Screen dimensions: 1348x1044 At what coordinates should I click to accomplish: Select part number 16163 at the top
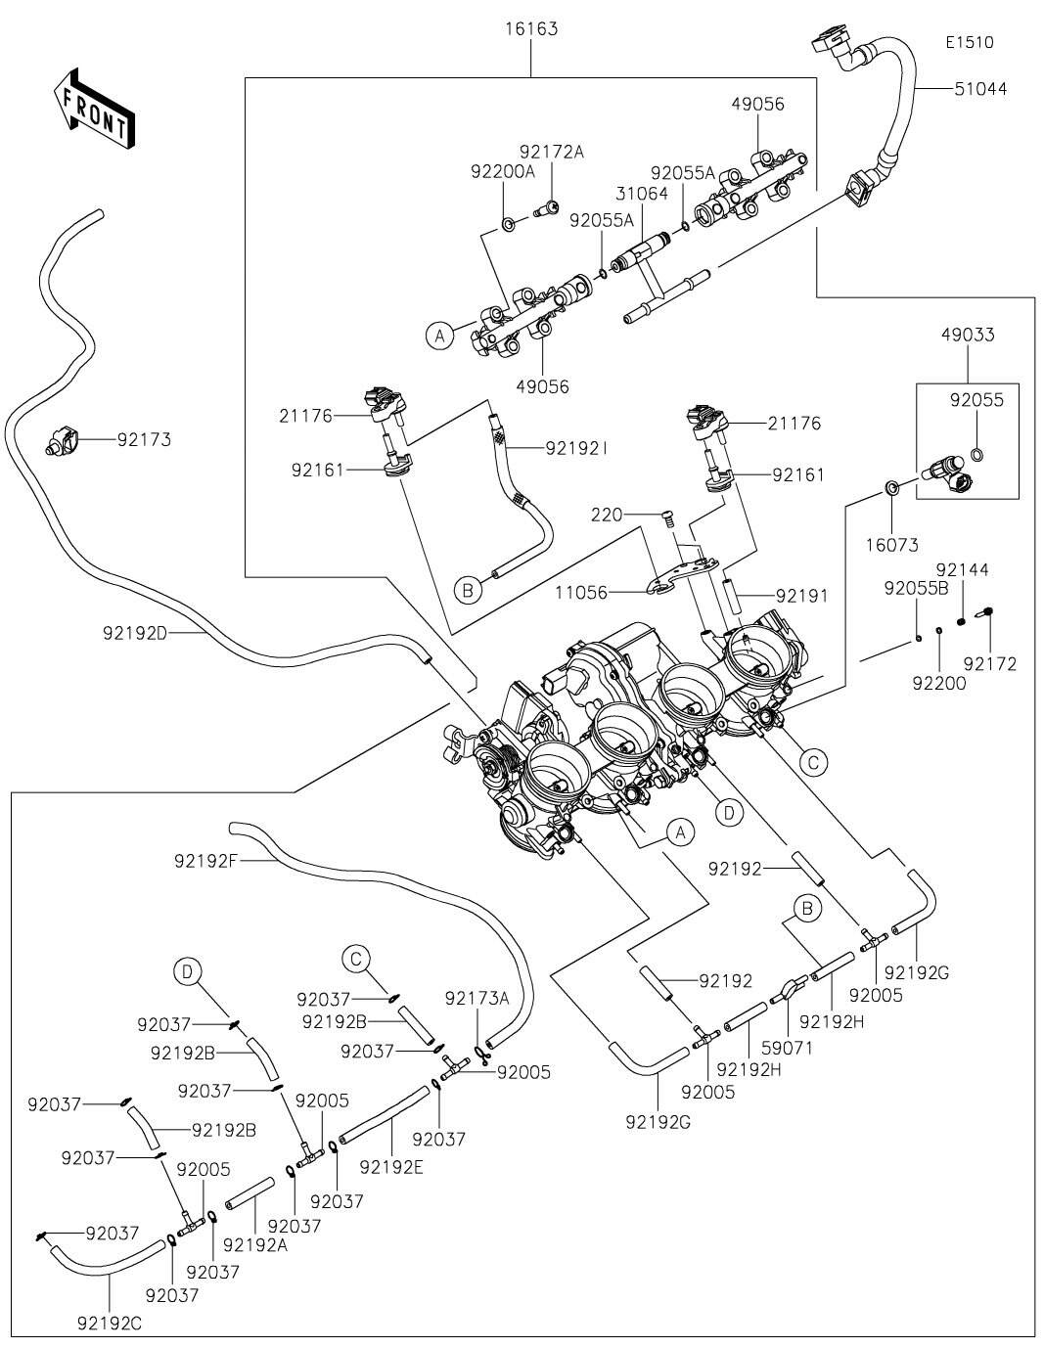tap(531, 29)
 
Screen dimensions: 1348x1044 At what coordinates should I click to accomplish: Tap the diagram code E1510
tap(969, 43)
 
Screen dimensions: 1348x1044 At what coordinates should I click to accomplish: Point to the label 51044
tap(981, 89)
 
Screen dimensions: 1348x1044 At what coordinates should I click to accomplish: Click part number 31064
tap(642, 194)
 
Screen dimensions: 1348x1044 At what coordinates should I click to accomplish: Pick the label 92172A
tap(551, 152)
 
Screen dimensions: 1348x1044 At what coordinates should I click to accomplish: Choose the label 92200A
tap(503, 171)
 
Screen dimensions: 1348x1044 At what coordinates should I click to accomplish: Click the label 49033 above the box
tap(968, 335)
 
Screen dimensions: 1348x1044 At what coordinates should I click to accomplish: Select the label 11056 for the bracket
tap(581, 593)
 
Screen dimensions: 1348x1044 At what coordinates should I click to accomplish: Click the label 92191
tap(801, 595)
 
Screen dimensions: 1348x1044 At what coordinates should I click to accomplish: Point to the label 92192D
tap(134, 633)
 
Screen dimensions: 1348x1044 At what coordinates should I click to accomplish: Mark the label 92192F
tap(206, 861)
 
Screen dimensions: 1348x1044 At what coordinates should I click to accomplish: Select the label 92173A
tap(477, 998)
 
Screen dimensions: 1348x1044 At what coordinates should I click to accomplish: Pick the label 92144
tap(962, 569)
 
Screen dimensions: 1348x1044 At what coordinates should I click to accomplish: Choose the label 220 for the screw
tap(606, 515)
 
